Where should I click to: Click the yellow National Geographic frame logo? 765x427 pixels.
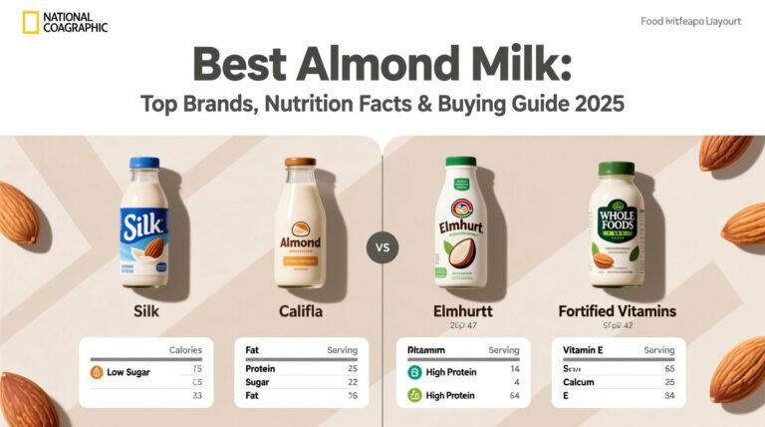coord(31,22)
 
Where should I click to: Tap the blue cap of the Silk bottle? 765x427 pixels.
coord(144,163)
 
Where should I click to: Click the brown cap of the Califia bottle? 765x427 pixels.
coord(300,162)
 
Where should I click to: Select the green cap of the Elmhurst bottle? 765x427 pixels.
coord(461,162)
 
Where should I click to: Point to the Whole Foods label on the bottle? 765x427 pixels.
coord(616,225)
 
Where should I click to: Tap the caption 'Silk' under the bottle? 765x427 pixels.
coord(146,312)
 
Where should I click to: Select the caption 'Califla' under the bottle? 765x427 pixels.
coord(301,312)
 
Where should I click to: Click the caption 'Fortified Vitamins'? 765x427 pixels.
coord(618,312)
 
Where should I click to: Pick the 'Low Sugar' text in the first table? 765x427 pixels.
coord(128,372)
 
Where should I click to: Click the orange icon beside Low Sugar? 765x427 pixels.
coord(97,372)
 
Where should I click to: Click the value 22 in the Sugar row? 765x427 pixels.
coord(352,381)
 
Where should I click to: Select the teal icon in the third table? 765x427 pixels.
coord(415,372)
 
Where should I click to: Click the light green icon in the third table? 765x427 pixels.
coord(415,396)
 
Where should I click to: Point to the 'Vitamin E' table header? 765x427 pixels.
coord(583,350)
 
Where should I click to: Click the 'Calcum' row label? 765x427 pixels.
coord(581,382)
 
